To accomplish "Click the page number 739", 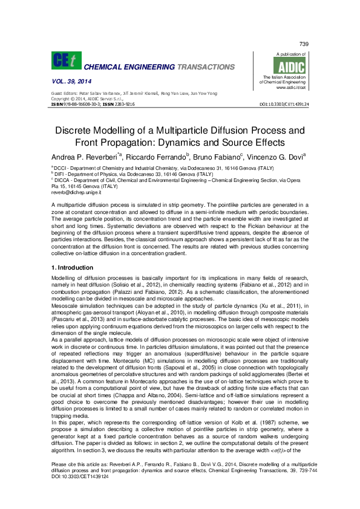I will click(304, 44).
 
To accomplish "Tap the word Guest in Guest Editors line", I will click(57, 94).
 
